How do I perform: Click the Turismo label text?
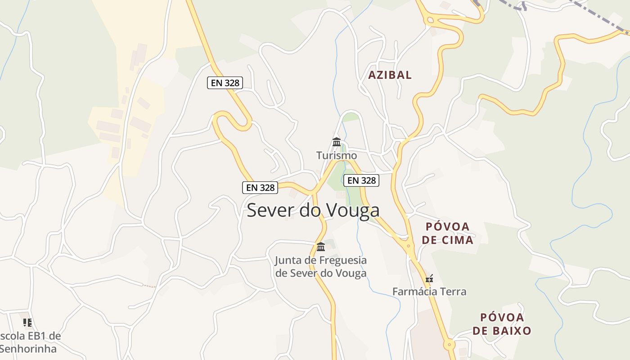[336, 156]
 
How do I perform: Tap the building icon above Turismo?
[336, 142]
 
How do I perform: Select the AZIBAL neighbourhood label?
[390, 75]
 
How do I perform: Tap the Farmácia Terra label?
[429, 292]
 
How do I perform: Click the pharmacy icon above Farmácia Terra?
[429, 279]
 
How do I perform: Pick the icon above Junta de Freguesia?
[321, 247]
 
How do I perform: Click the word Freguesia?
[342, 260]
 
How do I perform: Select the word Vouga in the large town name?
[351, 210]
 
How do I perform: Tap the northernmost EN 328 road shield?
[225, 83]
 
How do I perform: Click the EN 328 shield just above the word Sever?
[260, 188]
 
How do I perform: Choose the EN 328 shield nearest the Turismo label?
[361, 180]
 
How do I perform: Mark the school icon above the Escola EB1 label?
[27, 322]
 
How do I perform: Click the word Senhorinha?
[28, 349]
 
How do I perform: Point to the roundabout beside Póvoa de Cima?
[409, 246]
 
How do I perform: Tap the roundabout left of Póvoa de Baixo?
[449, 345]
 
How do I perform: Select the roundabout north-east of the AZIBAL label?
[430, 19]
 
